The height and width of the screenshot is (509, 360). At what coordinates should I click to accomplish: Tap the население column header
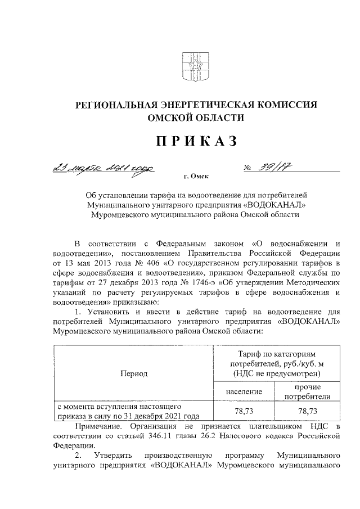244,391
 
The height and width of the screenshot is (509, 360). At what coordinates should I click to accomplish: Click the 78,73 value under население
244,411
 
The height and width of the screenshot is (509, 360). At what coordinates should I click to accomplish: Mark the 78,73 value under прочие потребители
308,411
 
